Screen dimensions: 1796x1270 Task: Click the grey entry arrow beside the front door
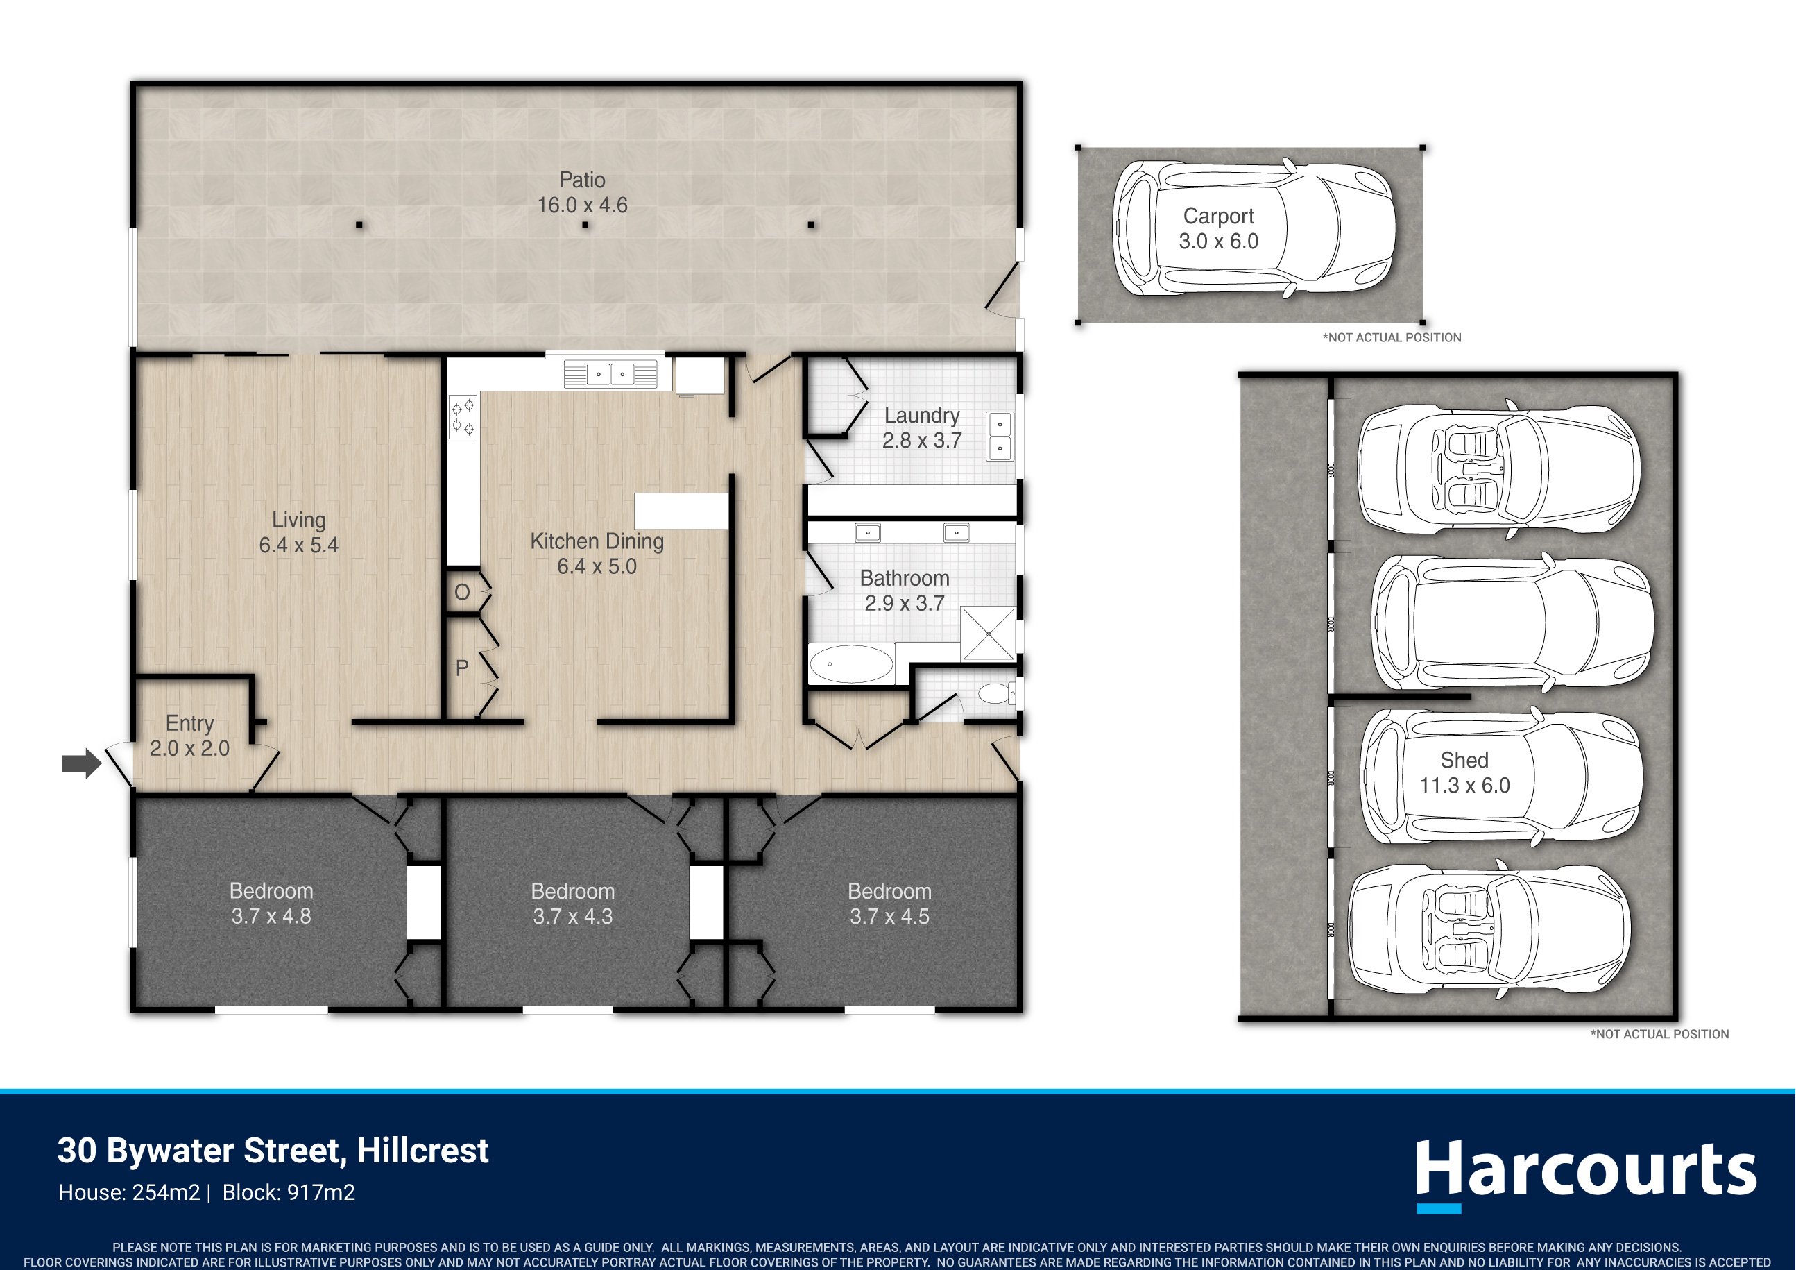tap(81, 763)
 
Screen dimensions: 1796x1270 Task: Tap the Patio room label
tap(582, 180)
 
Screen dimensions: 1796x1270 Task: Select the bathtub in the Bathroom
tap(851, 664)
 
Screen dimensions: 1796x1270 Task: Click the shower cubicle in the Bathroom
tap(989, 633)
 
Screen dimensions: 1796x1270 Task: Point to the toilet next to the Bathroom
tap(998, 693)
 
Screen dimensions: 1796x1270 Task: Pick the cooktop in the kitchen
tap(462, 416)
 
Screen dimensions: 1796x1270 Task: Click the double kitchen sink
tap(610, 374)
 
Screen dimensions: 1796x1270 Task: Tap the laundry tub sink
tap(1000, 436)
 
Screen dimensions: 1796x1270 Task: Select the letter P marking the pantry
tap(461, 668)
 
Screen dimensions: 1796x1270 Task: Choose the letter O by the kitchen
tap(462, 593)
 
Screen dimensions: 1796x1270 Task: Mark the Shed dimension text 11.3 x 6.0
tap(1464, 785)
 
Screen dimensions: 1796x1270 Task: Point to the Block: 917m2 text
tap(289, 1192)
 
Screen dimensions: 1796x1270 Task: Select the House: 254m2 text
tap(129, 1192)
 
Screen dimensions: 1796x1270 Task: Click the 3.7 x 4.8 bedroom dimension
tap(271, 916)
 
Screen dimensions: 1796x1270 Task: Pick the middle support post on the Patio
tap(585, 225)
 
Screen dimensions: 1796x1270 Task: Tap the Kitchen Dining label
tap(597, 541)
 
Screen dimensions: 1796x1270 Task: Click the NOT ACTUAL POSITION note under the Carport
tap(1392, 338)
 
